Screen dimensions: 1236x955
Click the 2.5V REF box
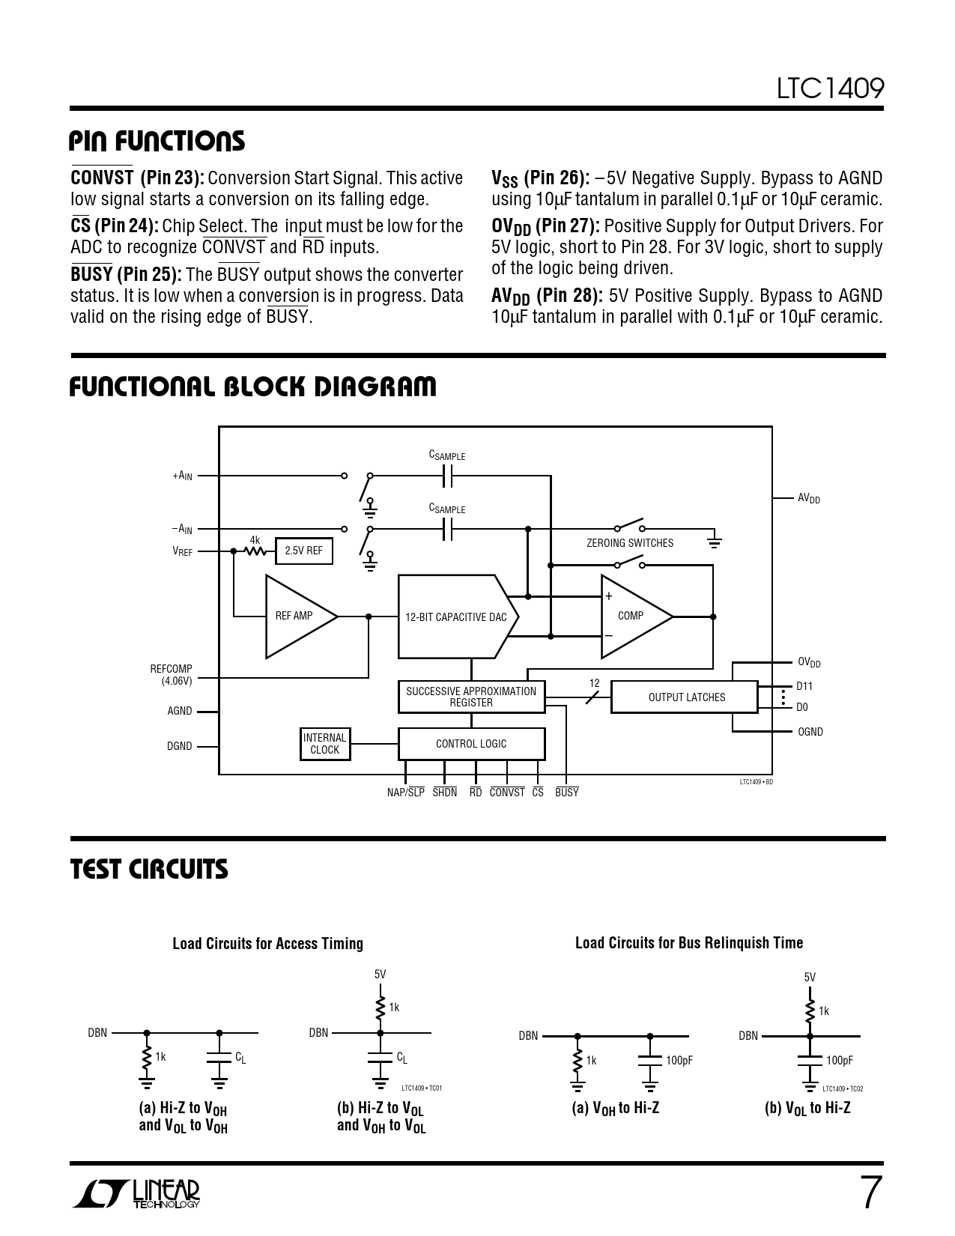[303, 551]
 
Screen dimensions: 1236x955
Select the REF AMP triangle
[297, 617]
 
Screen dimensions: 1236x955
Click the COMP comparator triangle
[632, 617]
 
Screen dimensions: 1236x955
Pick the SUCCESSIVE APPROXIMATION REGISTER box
[471, 697]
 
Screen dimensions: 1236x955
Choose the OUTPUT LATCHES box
[685, 697]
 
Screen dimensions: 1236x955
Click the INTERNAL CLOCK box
[324, 744]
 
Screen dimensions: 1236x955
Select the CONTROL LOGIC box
[471, 744]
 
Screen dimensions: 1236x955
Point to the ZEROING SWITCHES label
[630, 543]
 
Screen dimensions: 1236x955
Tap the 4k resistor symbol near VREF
[255, 551]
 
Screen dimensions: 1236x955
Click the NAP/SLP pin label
[405, 793]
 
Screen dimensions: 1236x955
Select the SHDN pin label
[444, 793]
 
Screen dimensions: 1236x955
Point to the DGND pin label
[180, 746]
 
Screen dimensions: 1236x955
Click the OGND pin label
[810, 732]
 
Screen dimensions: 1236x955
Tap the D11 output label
[804, 686]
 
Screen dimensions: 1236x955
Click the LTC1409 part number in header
[830, 89]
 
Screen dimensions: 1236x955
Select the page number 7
[868, 1193]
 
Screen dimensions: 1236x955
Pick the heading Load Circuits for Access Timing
[267, 944]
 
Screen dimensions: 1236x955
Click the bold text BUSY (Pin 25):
[126, 275]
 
